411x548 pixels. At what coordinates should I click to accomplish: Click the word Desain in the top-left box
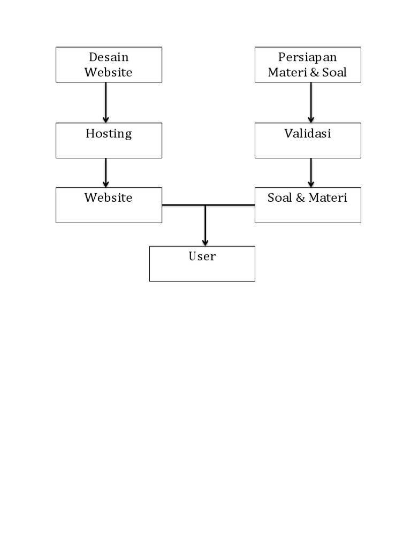tap(109, 57)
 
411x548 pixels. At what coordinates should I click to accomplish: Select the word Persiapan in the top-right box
tap(307, 57)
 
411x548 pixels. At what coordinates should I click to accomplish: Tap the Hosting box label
tap(109, 133)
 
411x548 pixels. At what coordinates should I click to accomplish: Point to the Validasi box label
tap(307, 133)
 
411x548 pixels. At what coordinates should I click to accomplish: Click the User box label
tap(202, 256)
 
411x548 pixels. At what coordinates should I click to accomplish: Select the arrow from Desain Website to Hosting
tap(105, 102)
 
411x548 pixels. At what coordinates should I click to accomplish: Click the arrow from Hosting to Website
tap(105, 172)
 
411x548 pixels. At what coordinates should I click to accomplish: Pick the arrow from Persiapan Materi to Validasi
tap(311, 102)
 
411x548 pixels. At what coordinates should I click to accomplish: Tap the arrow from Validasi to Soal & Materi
tap(311, 172)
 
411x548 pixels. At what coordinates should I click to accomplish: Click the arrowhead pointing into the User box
tap(205, 242)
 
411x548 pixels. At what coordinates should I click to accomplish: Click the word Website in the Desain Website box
tap(109, 72)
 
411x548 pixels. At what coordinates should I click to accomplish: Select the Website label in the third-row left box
tap(109, 197)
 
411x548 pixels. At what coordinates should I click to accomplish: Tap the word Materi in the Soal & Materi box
tap(328, 197)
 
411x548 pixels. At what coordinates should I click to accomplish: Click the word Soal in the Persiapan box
tap(334, 72)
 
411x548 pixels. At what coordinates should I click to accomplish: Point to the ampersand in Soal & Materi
tap(300, 197)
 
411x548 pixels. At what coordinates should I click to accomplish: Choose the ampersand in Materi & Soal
tap(313, 72)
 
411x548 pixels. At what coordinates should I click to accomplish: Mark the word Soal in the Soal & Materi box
tap(279, 197)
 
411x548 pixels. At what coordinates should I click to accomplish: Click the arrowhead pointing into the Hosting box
tap(105, 119)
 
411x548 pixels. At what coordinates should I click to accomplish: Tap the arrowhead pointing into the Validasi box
tap(311, 119)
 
